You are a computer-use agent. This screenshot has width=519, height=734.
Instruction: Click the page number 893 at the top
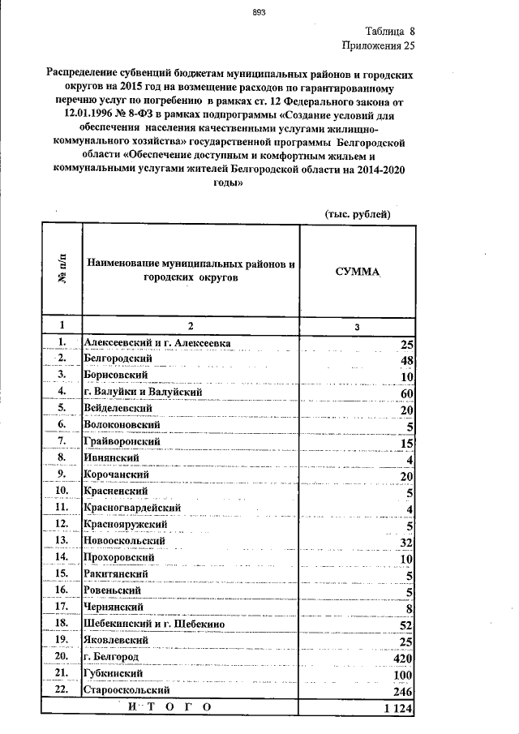tap(259, 12)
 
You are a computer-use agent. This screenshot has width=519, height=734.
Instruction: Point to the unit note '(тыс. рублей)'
tap(357, 213)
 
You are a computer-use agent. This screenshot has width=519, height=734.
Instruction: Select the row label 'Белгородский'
tap(115, 358)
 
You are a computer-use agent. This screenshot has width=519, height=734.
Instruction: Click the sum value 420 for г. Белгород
tap(403, 657)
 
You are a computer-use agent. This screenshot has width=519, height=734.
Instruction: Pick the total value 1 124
tap(398, 709)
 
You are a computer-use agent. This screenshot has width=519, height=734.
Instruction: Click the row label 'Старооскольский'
tap(126, 690)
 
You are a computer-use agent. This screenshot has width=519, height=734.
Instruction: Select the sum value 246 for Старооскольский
tap(403, 692)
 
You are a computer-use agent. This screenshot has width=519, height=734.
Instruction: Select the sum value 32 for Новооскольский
tap(407, 543)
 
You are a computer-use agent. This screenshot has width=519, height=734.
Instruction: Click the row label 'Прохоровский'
tap(118, 557)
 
